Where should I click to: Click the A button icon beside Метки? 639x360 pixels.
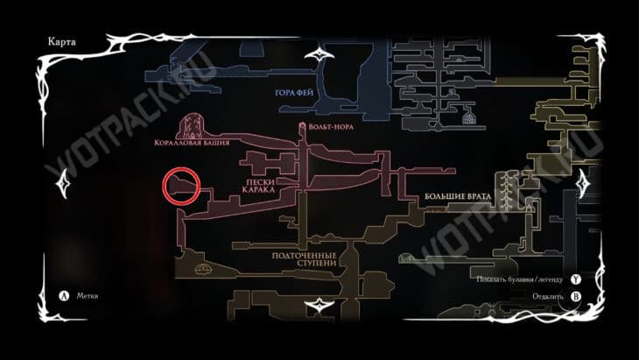pyautogui.click(x=62, y=296)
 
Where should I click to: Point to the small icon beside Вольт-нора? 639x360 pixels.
pyautogui.click(x=303, y=128)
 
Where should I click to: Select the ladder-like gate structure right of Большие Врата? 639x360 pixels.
pyautogui.click(x=505, y=188)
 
